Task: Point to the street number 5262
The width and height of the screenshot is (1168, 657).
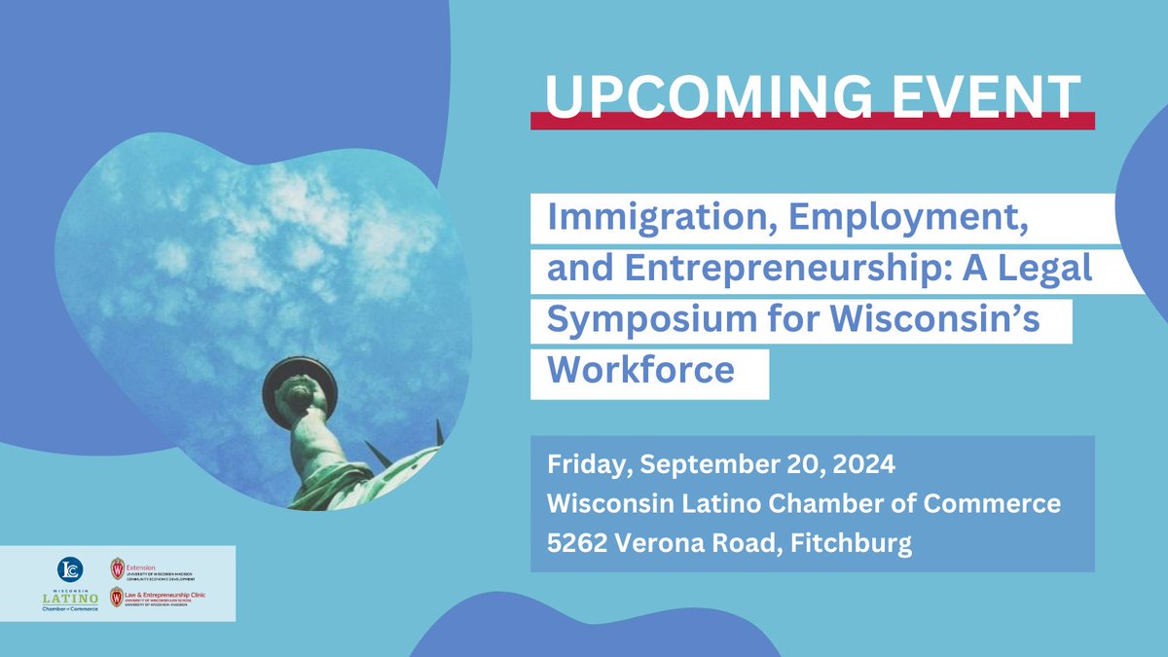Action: [x=577, y=542]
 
